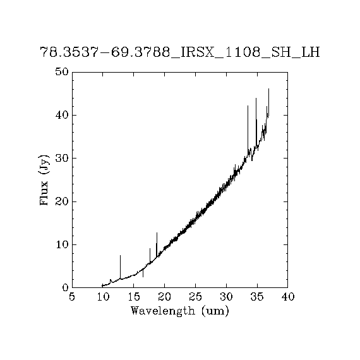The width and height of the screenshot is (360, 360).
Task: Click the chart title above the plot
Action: point(180,52)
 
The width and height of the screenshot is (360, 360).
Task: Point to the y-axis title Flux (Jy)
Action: point(44,180)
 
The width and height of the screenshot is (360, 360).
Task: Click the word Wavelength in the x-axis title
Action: point(163,311)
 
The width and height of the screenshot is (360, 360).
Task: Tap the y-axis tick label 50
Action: point(62,71)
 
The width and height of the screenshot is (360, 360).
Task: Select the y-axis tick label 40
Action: point(62,115)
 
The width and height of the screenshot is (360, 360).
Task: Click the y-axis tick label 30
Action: point(62,158)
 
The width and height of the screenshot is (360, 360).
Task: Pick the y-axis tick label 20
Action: point(62,201)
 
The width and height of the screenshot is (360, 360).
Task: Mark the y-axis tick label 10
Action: point(62,245)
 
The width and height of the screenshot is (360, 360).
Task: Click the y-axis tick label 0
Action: point(66,287)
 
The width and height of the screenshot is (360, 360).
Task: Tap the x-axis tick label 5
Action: point(72,297)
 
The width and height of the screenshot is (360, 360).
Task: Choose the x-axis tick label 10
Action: point(103,297)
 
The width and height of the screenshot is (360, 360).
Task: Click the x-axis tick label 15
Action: point(134,297)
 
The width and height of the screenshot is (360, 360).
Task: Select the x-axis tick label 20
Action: point(165,297)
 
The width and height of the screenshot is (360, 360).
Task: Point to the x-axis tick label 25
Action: point(195,297)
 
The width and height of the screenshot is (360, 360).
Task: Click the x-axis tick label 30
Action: point(226,297)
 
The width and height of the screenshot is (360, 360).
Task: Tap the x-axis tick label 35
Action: point(257,297)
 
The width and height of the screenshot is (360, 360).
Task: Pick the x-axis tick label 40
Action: point(288,297)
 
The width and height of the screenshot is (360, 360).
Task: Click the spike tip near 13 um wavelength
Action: point(120,255)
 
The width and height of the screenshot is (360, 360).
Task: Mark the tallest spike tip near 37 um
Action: point(268,88)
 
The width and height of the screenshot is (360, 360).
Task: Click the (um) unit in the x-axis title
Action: point(215,311)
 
